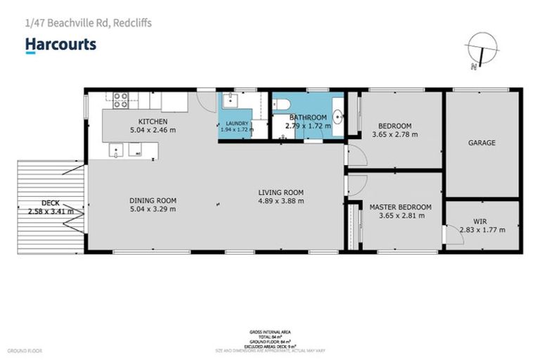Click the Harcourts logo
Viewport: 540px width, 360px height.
(x=60, y=45)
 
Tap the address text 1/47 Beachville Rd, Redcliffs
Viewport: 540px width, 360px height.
(x=88, y=23)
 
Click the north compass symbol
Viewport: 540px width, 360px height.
(x=481, y=51)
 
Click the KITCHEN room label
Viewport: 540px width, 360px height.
(x=153, y=122)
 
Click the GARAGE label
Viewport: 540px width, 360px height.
(x=482, y=143)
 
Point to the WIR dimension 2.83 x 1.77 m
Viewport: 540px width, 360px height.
(x=480, y=229)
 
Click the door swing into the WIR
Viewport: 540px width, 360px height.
(x=450, y=236)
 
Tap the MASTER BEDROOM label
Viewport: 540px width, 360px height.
(x=400, y=207)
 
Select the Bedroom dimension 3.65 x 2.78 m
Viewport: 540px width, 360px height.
(x=394, y=134)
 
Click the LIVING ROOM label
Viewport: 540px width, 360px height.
(x=280, y=192)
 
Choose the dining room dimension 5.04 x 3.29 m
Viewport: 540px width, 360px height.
(x=153, y=208)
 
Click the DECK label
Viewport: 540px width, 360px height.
(x=50, y=202)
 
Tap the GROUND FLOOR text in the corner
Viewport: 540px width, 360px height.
(x=25, y=350)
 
